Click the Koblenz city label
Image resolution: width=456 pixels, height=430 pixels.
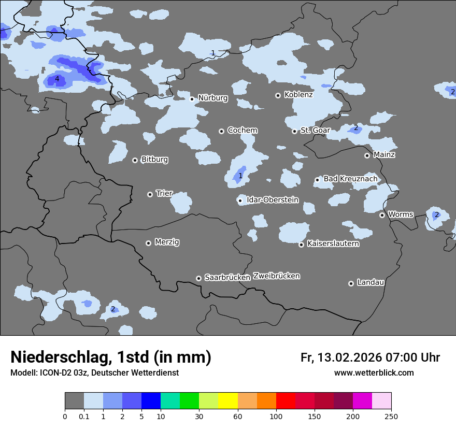(x=298, y=95)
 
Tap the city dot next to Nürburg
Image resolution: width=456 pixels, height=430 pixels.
(x=192, y=98)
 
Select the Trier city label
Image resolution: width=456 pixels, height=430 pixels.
(x=164, y=194)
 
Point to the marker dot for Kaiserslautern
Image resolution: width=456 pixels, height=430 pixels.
(x=301, y=245)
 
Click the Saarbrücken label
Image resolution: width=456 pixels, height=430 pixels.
(x=227, y=278)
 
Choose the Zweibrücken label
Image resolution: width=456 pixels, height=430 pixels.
(x=276, y=276)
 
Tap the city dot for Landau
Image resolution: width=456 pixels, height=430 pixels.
(x=351, y=283)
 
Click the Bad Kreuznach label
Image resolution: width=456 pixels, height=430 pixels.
(x=350, y=179)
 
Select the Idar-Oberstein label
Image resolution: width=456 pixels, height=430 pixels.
(x=273, y=200)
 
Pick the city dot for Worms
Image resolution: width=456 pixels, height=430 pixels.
(x=382, y=215)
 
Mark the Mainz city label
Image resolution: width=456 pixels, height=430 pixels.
(x=384, y=154)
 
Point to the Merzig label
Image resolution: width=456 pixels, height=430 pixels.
(x=167, y=242)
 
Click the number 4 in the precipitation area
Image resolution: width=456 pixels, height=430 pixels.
(x=57, y=79)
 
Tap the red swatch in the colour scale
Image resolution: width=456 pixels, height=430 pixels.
(x=286, y=401)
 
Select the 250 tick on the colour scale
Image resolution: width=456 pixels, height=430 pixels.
(x=391, y=417)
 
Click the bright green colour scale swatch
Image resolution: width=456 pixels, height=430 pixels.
(x=189, y=401)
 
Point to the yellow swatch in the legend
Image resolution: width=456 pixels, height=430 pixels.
(x=228, y=401)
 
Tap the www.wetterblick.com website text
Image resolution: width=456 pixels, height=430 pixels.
(x=374, y=372)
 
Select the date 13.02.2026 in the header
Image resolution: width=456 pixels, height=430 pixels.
(x=349, y=357)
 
